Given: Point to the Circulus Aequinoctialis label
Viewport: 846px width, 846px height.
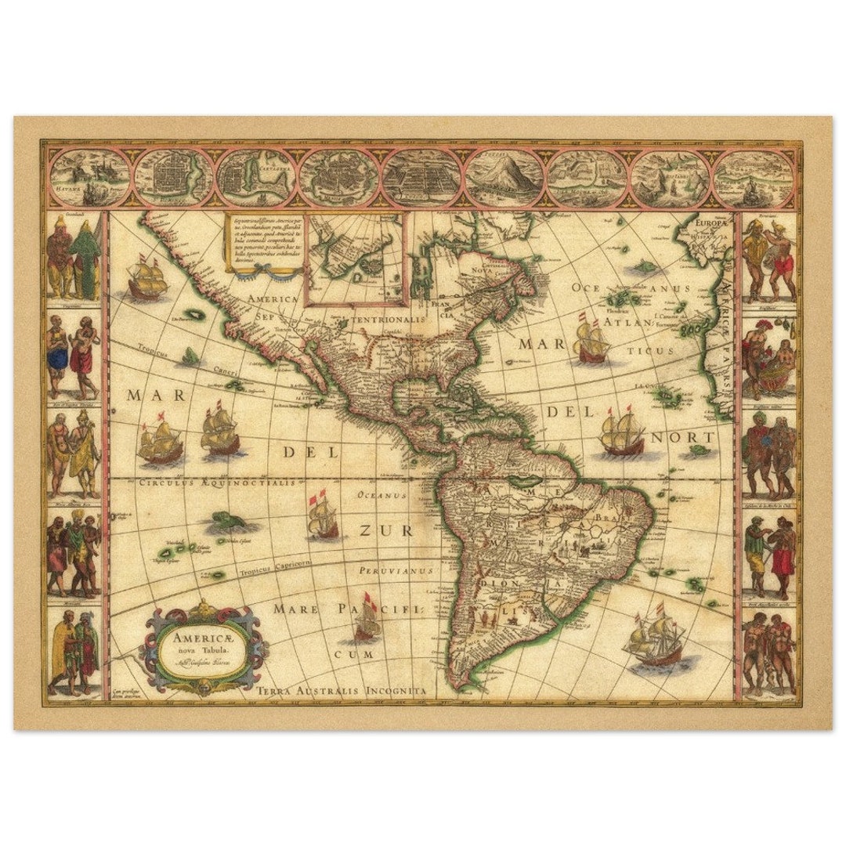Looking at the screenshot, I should click(217, 483).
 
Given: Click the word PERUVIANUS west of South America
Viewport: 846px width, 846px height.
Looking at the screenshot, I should click(396, 571).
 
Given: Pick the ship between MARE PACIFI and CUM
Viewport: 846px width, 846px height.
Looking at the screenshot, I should click(366, 622).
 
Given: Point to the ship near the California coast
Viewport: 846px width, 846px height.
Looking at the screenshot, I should click(146, 277).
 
